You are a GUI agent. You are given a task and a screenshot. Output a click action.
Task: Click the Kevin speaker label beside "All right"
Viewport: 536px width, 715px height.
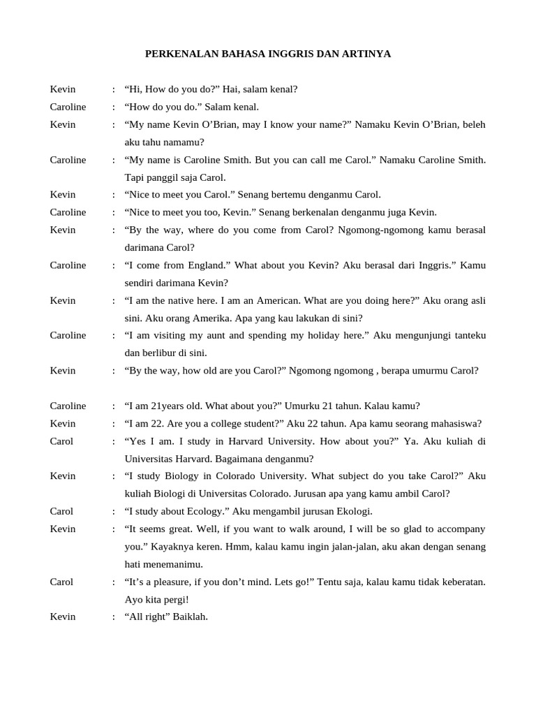pyautogui.click(x=63, y=617)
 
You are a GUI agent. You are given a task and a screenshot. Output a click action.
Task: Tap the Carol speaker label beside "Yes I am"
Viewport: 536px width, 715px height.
pyautogui.click(x=61, y=441)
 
